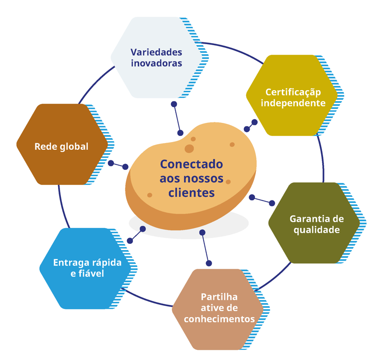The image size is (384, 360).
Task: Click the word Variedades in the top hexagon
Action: (156, 52)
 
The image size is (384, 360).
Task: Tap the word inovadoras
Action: (156, 63)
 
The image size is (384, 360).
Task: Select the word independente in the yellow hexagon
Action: (294, 103)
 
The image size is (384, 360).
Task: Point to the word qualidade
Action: (317, 230)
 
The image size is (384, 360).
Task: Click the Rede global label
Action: (61, 146)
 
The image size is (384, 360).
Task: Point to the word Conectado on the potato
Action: (192, 164)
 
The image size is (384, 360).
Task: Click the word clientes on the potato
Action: (192, 192)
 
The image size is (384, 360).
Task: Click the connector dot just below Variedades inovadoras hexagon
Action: (174, 104)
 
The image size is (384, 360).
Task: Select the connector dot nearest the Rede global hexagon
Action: (111, 163)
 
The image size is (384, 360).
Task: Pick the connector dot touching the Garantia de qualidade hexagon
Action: (272, 203)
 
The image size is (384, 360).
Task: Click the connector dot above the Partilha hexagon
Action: (209, 263)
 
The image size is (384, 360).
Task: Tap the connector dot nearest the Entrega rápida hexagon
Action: (130, 240)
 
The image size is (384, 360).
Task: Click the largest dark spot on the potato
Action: (190, 149)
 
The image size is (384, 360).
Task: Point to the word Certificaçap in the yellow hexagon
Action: (293, 92)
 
